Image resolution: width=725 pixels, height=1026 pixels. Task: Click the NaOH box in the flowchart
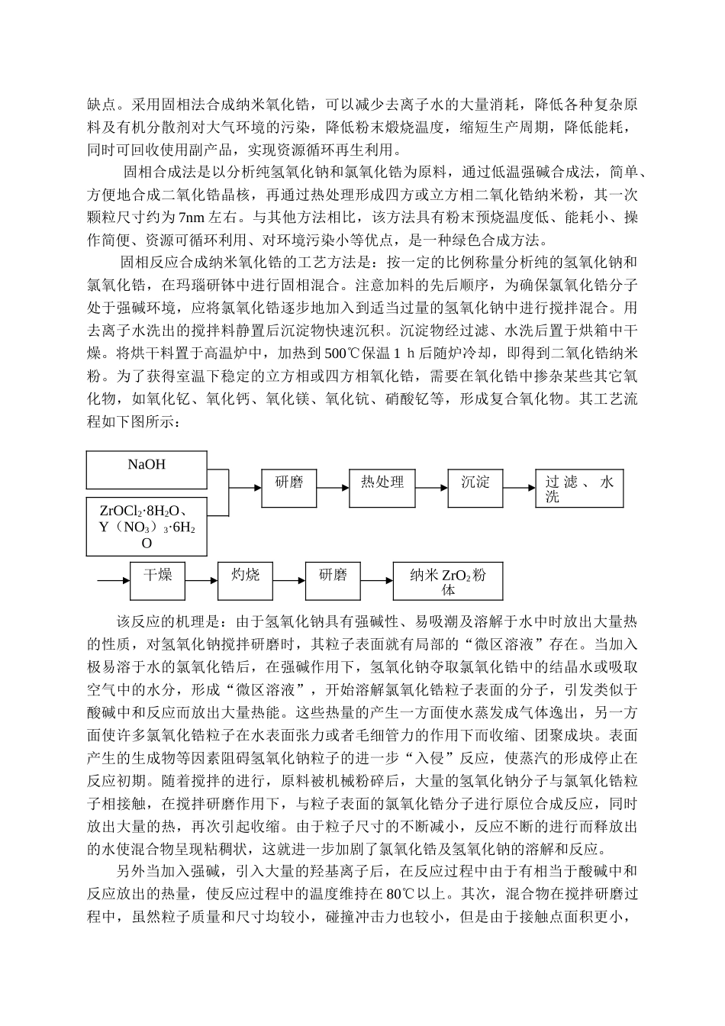click(x=147, y=469)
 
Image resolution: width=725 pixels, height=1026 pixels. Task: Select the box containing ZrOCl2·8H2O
click(x=147, y=526)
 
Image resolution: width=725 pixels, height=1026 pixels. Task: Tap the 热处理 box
click(x=382, y=487)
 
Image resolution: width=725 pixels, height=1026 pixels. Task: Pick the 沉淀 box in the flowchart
click(x=475, y=487)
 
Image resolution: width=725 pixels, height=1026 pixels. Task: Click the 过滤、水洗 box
click(x=579, y=489)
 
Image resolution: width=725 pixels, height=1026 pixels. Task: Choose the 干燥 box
click(x=158, y=580)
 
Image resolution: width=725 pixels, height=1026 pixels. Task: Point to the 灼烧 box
click(x=246, y=580)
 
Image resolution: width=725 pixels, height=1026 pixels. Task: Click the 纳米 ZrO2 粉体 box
click(x=448, y=582)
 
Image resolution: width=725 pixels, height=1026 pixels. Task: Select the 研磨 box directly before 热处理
click(x=288, y=487)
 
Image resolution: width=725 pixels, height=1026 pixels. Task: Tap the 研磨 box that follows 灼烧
click(x=333, y=580)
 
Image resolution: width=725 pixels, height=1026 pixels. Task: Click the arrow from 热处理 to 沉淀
click(x=432, y=487)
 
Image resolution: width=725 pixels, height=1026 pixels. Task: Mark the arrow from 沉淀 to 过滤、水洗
click(x=519, y=487)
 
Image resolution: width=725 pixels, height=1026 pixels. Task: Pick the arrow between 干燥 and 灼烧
click(x=202, y=581)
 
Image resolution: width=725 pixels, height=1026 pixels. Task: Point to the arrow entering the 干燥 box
click(x=114, y=581)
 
